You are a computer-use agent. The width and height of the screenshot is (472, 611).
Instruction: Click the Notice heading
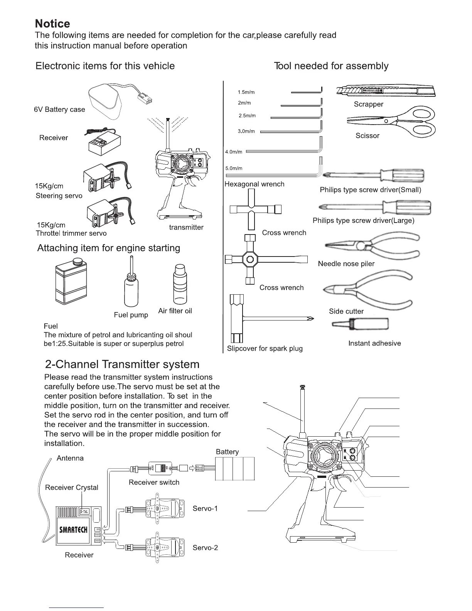pyautogui.click(x=52, y=24)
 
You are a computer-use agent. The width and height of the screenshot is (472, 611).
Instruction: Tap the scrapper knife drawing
pyautogui.click(x=386, y=91)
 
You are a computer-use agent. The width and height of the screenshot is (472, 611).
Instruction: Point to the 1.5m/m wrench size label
pyautogui.click(x=246, y=92)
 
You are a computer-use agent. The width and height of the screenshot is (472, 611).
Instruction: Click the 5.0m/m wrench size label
pyautogui.click(x=234, y=168)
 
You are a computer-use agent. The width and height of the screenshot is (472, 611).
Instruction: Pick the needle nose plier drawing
pyautogui.click(x=372, y=245)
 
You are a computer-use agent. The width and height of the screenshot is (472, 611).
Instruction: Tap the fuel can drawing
pyautogui.click(x=71, y=280)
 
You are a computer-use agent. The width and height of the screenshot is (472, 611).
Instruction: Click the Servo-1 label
pyautogui.click(x=205, y=508)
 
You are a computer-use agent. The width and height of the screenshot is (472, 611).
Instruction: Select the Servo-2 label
pyautogui.click(x=205, y=548)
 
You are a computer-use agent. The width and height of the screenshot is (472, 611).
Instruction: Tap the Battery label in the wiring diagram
pyautogui.click(x=227, y=452)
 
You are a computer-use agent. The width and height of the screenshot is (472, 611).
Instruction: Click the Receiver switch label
pyautogui.click(x=154, y=482)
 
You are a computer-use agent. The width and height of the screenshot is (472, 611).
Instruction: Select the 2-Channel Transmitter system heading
pyautogui.click(x=122, y=365)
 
